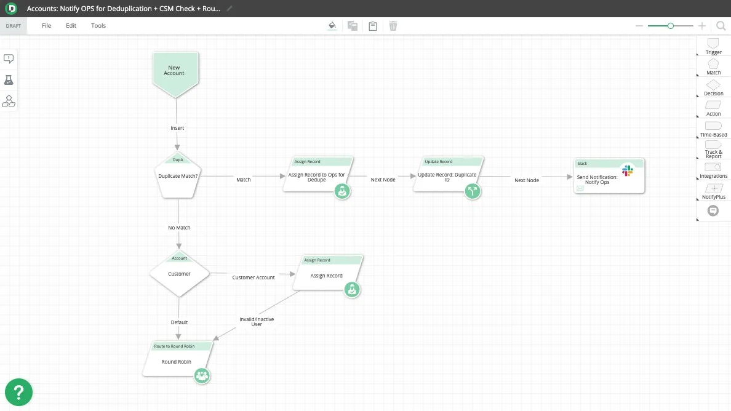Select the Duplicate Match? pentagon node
(x=178, y=175)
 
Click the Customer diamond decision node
(x=180, y=274)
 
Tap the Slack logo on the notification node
(x=628, y=170)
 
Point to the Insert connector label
(x=177, y=128)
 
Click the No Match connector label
(x=179, y=228)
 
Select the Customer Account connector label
(x=253, y=277)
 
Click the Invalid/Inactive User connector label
(x=257, y=322)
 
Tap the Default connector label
(x=179, y=322)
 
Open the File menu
(x=46, y=26)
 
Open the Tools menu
(x=98, y=26)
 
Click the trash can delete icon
(x=393, y=26)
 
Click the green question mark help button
(x=18, y=393)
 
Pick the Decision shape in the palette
(x=713, y=87)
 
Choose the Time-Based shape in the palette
(x=713, y=129)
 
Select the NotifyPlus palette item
(x=713, y=191)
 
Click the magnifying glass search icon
(x=721, y=26)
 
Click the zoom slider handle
(x=671, y=26)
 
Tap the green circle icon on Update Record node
(x=473, y=191)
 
